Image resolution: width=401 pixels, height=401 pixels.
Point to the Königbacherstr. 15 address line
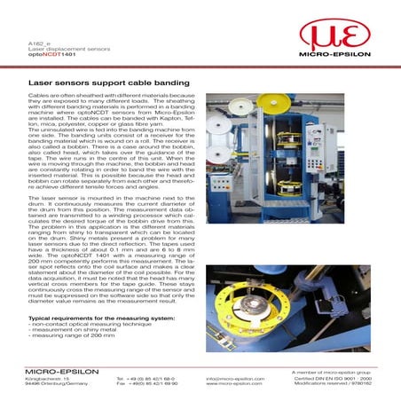point(50,378)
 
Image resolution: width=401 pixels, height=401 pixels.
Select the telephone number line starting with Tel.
point(147,378)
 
